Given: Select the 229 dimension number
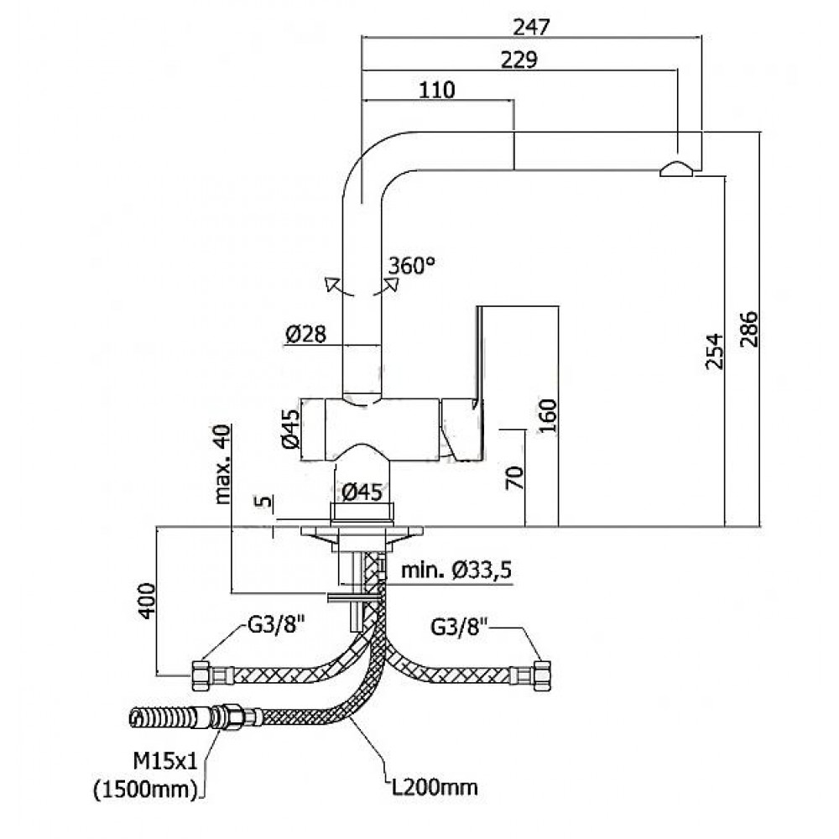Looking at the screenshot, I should (519, 60).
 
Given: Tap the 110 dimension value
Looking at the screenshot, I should (437, 91).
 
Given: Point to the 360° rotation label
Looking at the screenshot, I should (412, 265).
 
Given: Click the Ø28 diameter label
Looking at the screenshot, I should (305, 335).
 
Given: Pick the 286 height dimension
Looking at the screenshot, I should (749, 329).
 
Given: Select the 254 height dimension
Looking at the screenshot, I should (714, 352).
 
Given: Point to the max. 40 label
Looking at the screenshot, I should (223, 462).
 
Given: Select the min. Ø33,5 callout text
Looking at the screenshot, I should (456, 572).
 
